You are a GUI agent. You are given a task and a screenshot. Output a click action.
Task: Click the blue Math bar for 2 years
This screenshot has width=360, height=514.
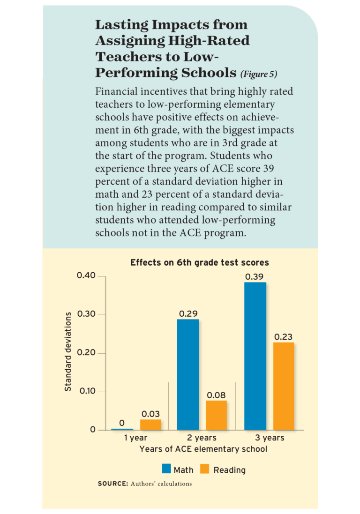point(187,374)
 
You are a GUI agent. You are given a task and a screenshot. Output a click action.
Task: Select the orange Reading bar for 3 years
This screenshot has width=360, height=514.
point(284,386)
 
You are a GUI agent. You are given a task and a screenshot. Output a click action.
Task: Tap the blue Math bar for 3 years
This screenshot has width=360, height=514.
point(255,356)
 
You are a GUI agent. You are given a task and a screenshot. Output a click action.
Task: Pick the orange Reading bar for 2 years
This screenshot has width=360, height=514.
point(216,415)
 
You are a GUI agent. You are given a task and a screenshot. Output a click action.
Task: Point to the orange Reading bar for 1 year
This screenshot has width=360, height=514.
point(150,425)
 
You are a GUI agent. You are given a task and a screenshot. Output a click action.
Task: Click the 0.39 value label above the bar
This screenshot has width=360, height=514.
point(254,276)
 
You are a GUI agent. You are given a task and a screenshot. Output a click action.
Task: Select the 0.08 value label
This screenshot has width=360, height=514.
point(216,395)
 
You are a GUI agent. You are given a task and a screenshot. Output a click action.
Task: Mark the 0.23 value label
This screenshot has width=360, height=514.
point(283,336)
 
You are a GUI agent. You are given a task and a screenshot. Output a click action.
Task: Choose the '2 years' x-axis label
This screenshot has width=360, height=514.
point(202,438)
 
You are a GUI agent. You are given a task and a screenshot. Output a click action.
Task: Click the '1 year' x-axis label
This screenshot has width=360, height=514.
point(135,438)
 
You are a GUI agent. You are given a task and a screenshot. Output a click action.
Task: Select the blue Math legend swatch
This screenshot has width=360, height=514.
point(166,469)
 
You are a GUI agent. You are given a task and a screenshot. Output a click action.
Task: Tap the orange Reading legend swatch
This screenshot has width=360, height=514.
point(204,469)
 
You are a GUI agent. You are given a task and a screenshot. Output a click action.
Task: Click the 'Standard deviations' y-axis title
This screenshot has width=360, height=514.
point(68,351)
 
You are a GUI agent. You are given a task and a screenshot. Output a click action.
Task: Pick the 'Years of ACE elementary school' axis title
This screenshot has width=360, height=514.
point(203,449)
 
